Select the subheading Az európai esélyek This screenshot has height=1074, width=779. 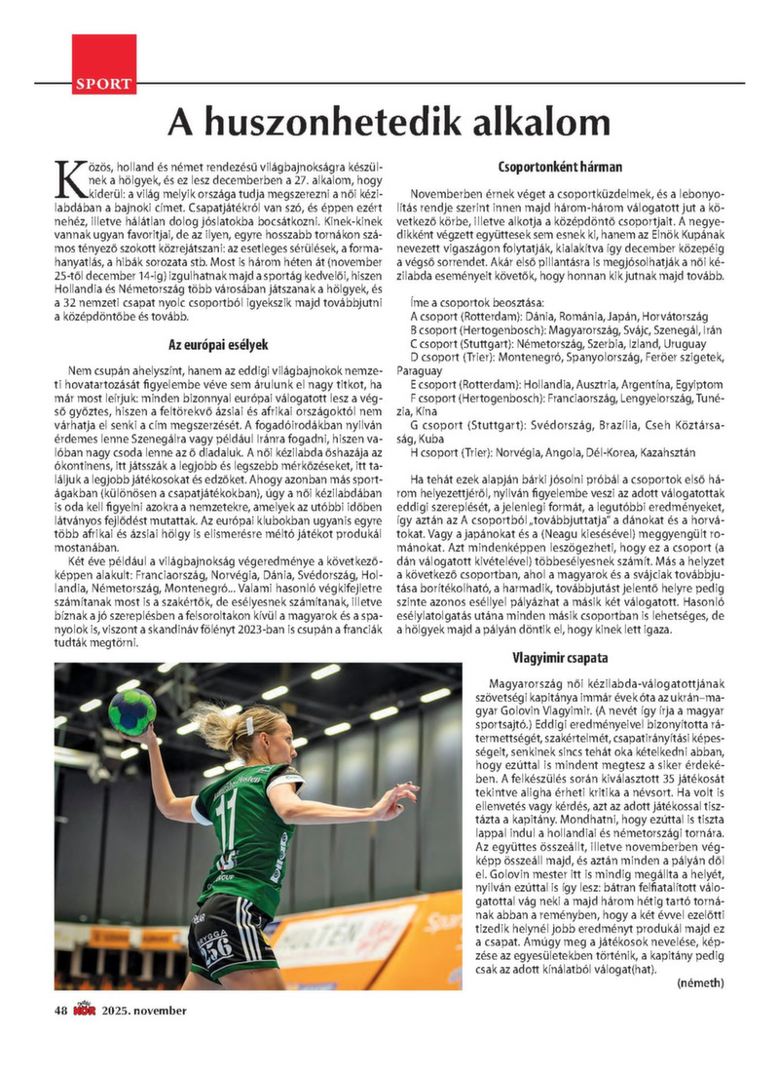(218, 344)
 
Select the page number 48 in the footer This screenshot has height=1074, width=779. (60, 1010)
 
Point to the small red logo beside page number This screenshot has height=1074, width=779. (82, 1010)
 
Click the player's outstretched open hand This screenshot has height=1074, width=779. (400, 801)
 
